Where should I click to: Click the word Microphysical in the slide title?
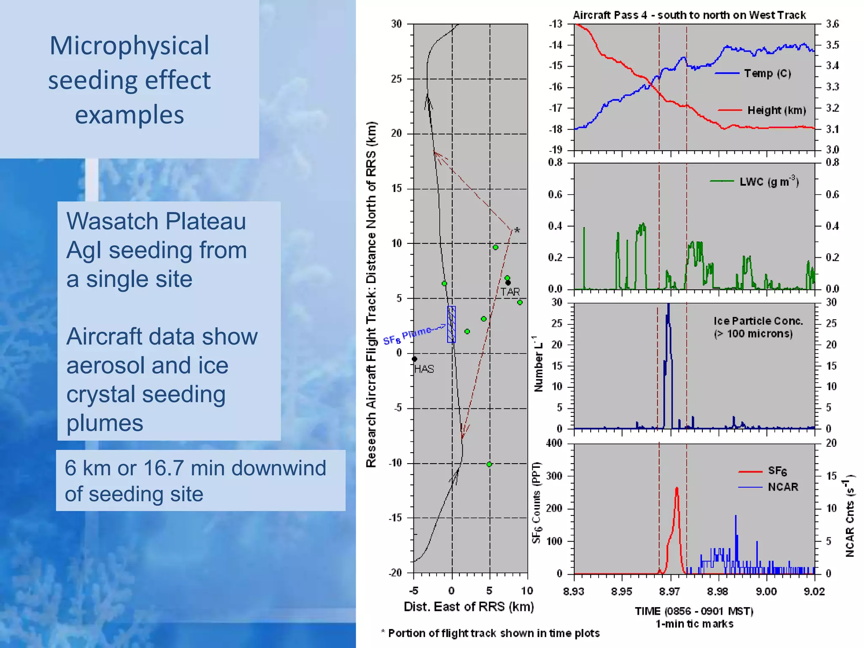pos(129,46)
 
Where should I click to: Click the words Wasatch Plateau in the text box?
pos(156,221)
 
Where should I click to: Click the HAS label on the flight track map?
pos(424,369)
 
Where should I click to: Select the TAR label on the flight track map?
pos(510,292)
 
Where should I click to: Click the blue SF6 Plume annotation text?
pos(407,335)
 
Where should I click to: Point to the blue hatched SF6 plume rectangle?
pos(451,324)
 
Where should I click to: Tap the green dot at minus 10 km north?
pos(489,464)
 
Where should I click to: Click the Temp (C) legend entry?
pos(767,73)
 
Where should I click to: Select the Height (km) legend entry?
pos(776,111)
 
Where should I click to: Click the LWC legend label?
pos(769,182)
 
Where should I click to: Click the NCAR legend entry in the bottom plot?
pos(783,487)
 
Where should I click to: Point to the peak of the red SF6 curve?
pos(677,489)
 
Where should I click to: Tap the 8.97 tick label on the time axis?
pos(670,591)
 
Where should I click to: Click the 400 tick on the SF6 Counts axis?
pos(554,443)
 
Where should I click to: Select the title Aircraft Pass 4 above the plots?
pos(689,15)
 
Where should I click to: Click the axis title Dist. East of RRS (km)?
pos(469,607)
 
